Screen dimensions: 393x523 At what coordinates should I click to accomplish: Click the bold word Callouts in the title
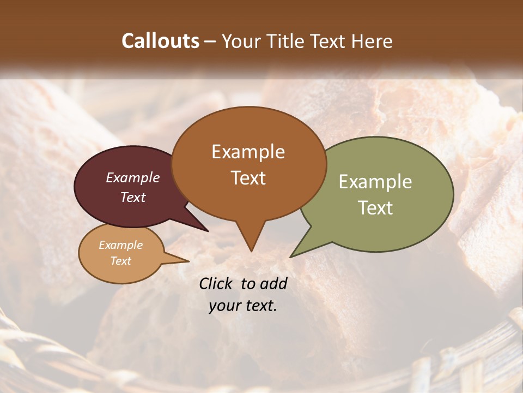point(160,41)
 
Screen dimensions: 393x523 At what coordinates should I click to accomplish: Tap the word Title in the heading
point(287,41)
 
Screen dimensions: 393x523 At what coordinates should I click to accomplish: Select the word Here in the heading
point(372,41)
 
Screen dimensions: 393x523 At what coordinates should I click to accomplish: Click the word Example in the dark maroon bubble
point(133,177)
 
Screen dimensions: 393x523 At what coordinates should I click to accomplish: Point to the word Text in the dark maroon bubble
point(133,197)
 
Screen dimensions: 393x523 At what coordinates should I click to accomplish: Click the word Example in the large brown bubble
point(248,152)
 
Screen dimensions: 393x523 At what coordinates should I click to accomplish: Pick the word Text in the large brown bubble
point(248,177)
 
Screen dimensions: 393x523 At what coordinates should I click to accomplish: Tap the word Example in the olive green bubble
point(375,182)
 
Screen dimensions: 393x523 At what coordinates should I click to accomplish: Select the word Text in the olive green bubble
point(375,207)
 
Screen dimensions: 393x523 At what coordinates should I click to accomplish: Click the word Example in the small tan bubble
point(120,245)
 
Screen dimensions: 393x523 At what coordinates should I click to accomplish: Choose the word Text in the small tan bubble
point(120,261)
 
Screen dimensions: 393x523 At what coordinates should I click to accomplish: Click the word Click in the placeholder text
point(217,283)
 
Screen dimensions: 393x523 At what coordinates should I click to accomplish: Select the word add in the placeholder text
point(273,283)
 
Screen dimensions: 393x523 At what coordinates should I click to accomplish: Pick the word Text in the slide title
point(329,41)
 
